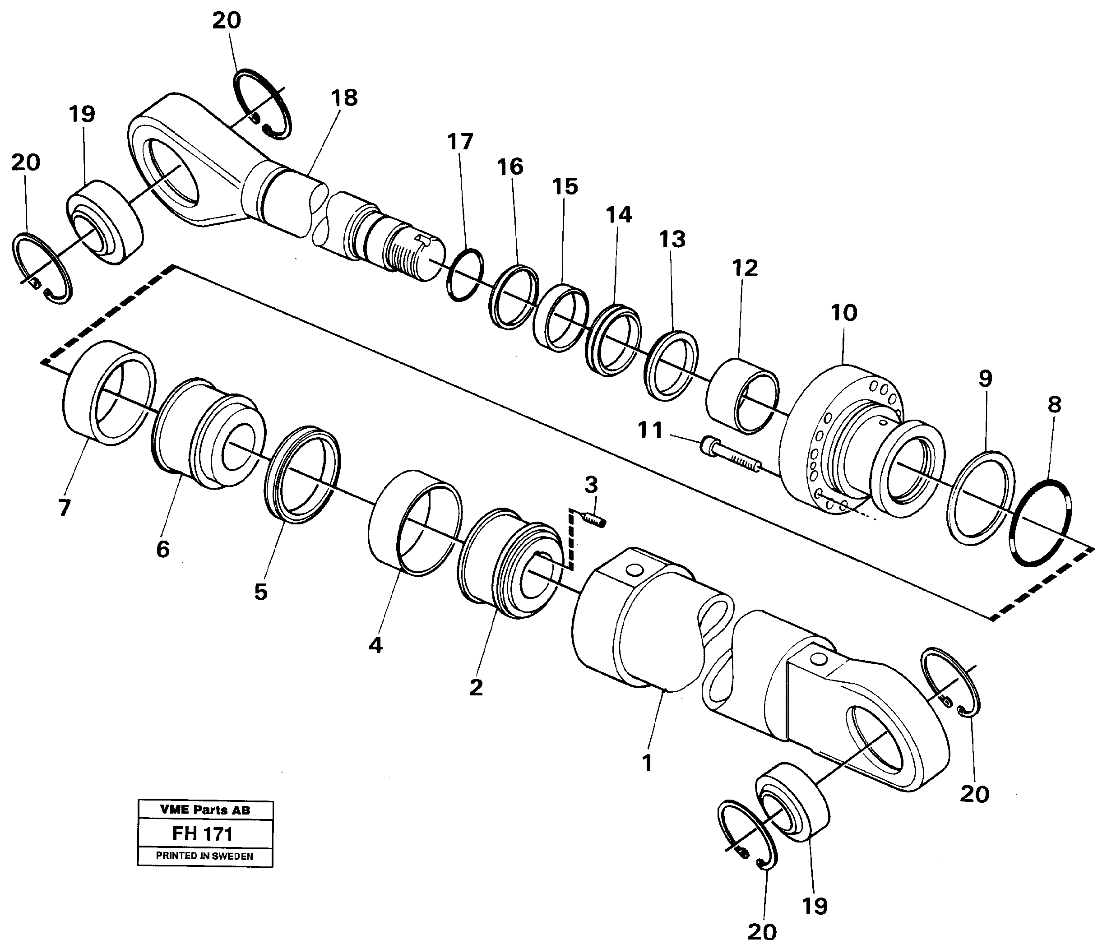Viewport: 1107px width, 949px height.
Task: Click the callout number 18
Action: (x=344, y=98)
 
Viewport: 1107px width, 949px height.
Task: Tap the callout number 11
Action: (x=650, y=430)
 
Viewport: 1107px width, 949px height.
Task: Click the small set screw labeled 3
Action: (x=593, y=518)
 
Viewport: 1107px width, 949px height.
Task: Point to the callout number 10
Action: (x=843, y=313)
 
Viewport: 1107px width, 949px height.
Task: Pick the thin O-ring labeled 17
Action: (x=465, y=275)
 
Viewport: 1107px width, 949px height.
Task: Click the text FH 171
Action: (x=203, y=833)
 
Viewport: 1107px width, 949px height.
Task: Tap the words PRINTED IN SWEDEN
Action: (x=204, y=856)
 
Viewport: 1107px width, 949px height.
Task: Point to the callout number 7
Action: (x=64, y=508)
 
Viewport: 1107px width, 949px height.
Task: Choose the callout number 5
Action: (x=260, y=592)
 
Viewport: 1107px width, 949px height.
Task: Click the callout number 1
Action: (x=648, y=763)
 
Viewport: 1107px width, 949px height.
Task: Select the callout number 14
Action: (x=619, y=215)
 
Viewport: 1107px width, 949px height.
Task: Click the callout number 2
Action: (x=476, y=687)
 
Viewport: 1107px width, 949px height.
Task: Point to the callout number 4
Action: (x=375, y=645)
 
